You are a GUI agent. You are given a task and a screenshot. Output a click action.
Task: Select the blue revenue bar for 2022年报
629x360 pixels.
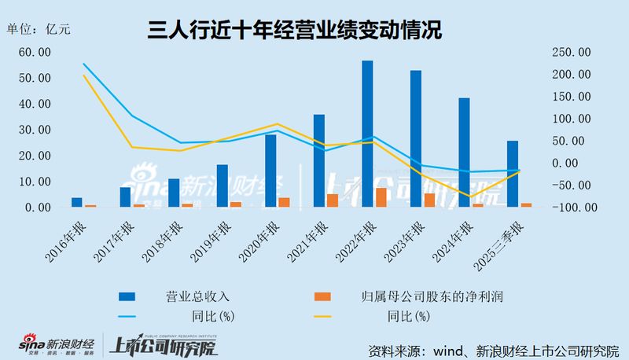point(367,134)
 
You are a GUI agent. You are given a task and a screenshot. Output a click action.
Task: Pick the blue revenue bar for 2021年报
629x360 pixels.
point(319,161)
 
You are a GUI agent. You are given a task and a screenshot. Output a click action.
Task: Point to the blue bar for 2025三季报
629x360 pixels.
point(513,174)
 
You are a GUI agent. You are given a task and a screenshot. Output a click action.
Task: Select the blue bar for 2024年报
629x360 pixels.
point(464,152)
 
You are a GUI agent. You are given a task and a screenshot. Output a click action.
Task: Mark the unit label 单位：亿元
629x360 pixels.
point(39,30)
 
